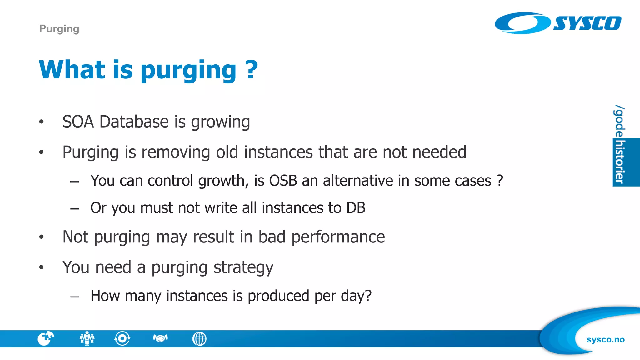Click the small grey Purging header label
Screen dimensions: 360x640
pyautogui.click(x=59, y=29)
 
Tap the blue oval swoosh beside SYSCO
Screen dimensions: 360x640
pyautogui.click(x=522, y=23)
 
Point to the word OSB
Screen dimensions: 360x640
pyautogui.click(x=283, y=181)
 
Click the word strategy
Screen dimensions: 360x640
pyautogui.click(x=243, y=267)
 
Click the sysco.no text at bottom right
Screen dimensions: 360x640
pyautogui.click(x=605, y=339)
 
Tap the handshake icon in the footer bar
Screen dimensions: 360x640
pyautogui.click(x=160, y=338)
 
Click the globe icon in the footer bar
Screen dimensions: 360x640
pyautogui.click(x=199, y=339)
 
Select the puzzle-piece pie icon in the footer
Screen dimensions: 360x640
pyautogui.click(x=46, y=338)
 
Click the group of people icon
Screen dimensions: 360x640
pyautogui.click(x=87, y=338)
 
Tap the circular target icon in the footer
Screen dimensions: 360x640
pyautogui.click(x=122, y=338)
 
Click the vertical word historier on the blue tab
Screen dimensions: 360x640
pyautogui.click(x=619, y=162)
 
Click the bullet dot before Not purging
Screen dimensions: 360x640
pyautogui.click(x=42, y=237)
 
